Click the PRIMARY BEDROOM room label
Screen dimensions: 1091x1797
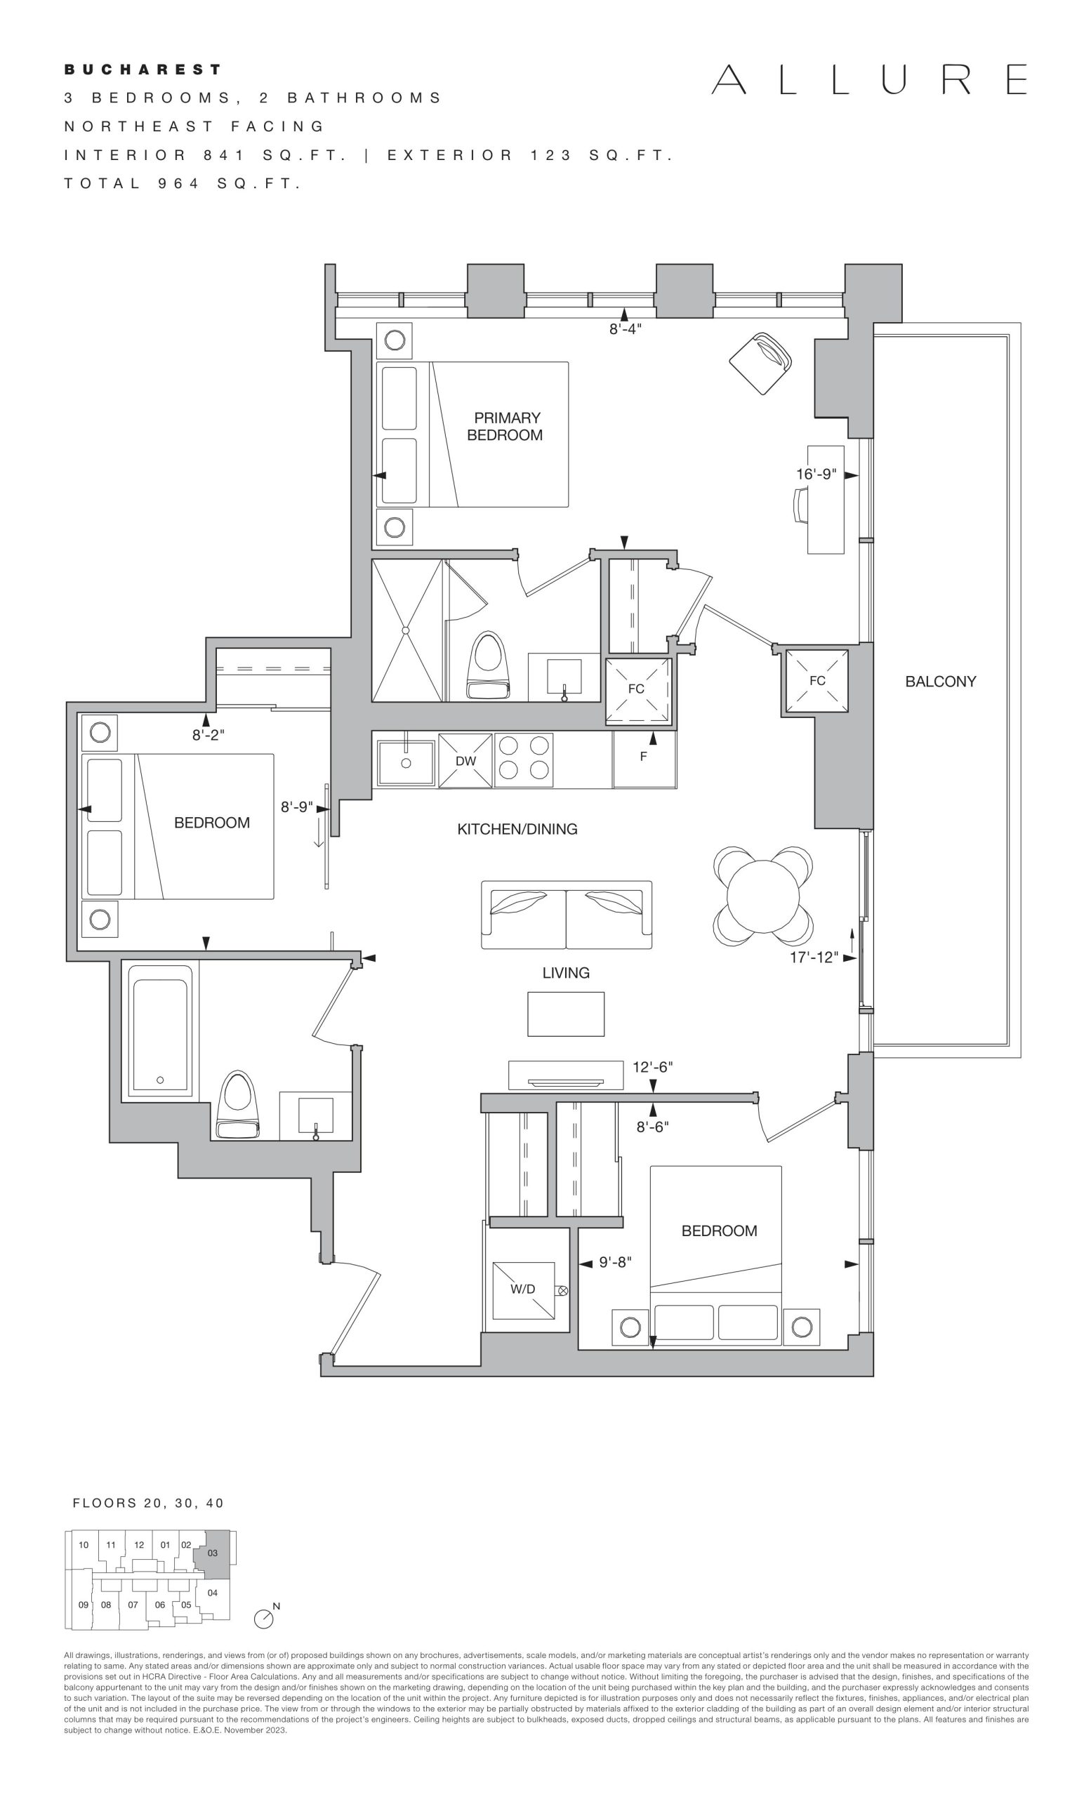(x=505, y=427)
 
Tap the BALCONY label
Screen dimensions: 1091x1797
(x=940, y=681)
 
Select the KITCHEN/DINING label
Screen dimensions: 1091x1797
(x=517, y=828)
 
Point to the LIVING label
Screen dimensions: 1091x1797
(x=566, y=972)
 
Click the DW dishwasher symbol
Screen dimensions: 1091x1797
(x=465, y=761)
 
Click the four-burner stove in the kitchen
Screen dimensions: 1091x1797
(x=524, y=760)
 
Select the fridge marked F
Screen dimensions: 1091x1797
(x=644, y=759)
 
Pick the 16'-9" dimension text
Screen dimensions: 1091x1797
(x=815, y=474)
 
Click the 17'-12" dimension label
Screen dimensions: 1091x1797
(x=814, y=957)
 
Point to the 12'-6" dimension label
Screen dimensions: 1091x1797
(x=652, y=1067)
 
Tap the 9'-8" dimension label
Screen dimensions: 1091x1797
(x=615, y=1261)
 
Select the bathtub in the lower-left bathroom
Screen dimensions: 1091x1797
(x=161, y=1030)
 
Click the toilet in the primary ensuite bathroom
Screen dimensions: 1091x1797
(x=488, y=668)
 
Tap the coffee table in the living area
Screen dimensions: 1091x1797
(x=566, y=1014)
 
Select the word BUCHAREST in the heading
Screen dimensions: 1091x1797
(x=143, y=70)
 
